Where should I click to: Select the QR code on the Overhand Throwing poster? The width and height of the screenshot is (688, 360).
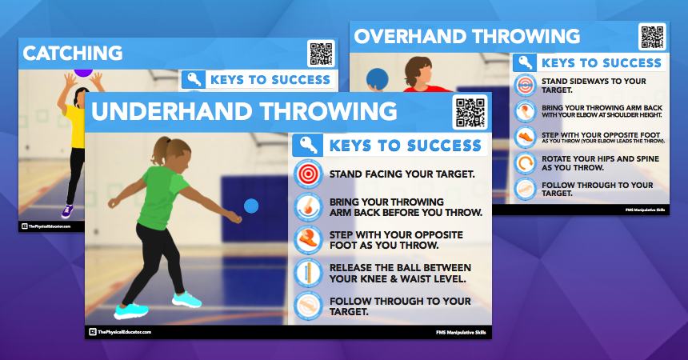652,38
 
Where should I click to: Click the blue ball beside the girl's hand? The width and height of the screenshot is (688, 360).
251,206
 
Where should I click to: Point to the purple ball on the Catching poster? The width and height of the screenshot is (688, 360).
83,71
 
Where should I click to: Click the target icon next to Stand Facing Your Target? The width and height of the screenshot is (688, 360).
307,174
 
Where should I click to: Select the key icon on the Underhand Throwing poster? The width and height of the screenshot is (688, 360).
307,145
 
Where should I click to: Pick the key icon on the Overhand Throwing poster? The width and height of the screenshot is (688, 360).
525,62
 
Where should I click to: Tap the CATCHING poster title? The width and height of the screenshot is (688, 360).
73,54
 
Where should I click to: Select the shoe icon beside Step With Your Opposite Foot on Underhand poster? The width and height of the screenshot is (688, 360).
307,238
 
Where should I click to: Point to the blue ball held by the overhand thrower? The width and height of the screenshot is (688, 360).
377,78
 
